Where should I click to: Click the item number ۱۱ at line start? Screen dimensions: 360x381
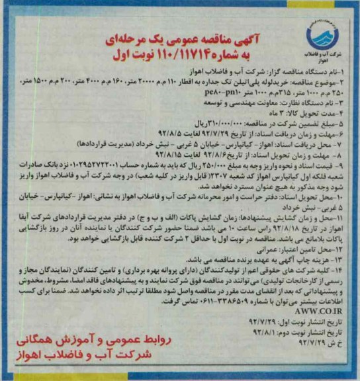point(348,217)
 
